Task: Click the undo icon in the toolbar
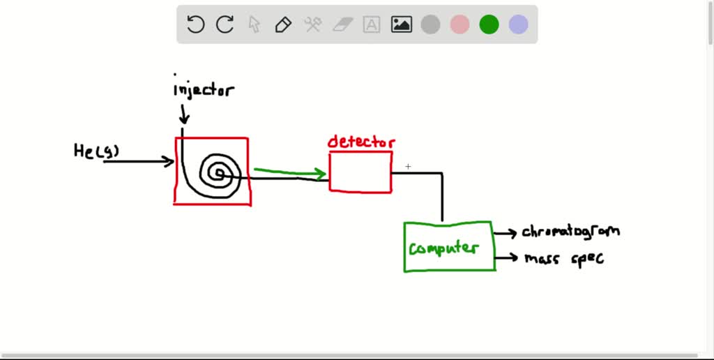click(x=196, y=25)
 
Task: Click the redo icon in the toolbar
click(x=225, y=25)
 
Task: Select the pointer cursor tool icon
click(x=255, y=25)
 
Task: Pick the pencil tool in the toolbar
click(x=283, y=25)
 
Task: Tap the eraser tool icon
click(x=343, y=25)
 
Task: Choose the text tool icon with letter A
click(x=372, y=25)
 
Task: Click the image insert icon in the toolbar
click(x=402, y=25)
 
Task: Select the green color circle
click(x=489, y=25)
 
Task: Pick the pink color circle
click(x=459, y=25)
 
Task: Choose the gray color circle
click(x=431, y=25)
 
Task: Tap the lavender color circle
click(x=518, y=25)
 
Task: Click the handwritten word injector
click(x=204, y=90)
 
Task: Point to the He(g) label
click(x=96, y=151)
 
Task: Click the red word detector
click(x=360, y=142)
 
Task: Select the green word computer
click(x=443, y=248)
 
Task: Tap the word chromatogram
click(x=570, y=231)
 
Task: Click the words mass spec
click(x=563, y=258)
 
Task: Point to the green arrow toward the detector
click(x=289, y=172)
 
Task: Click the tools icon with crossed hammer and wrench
click(x=312, y=25)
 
